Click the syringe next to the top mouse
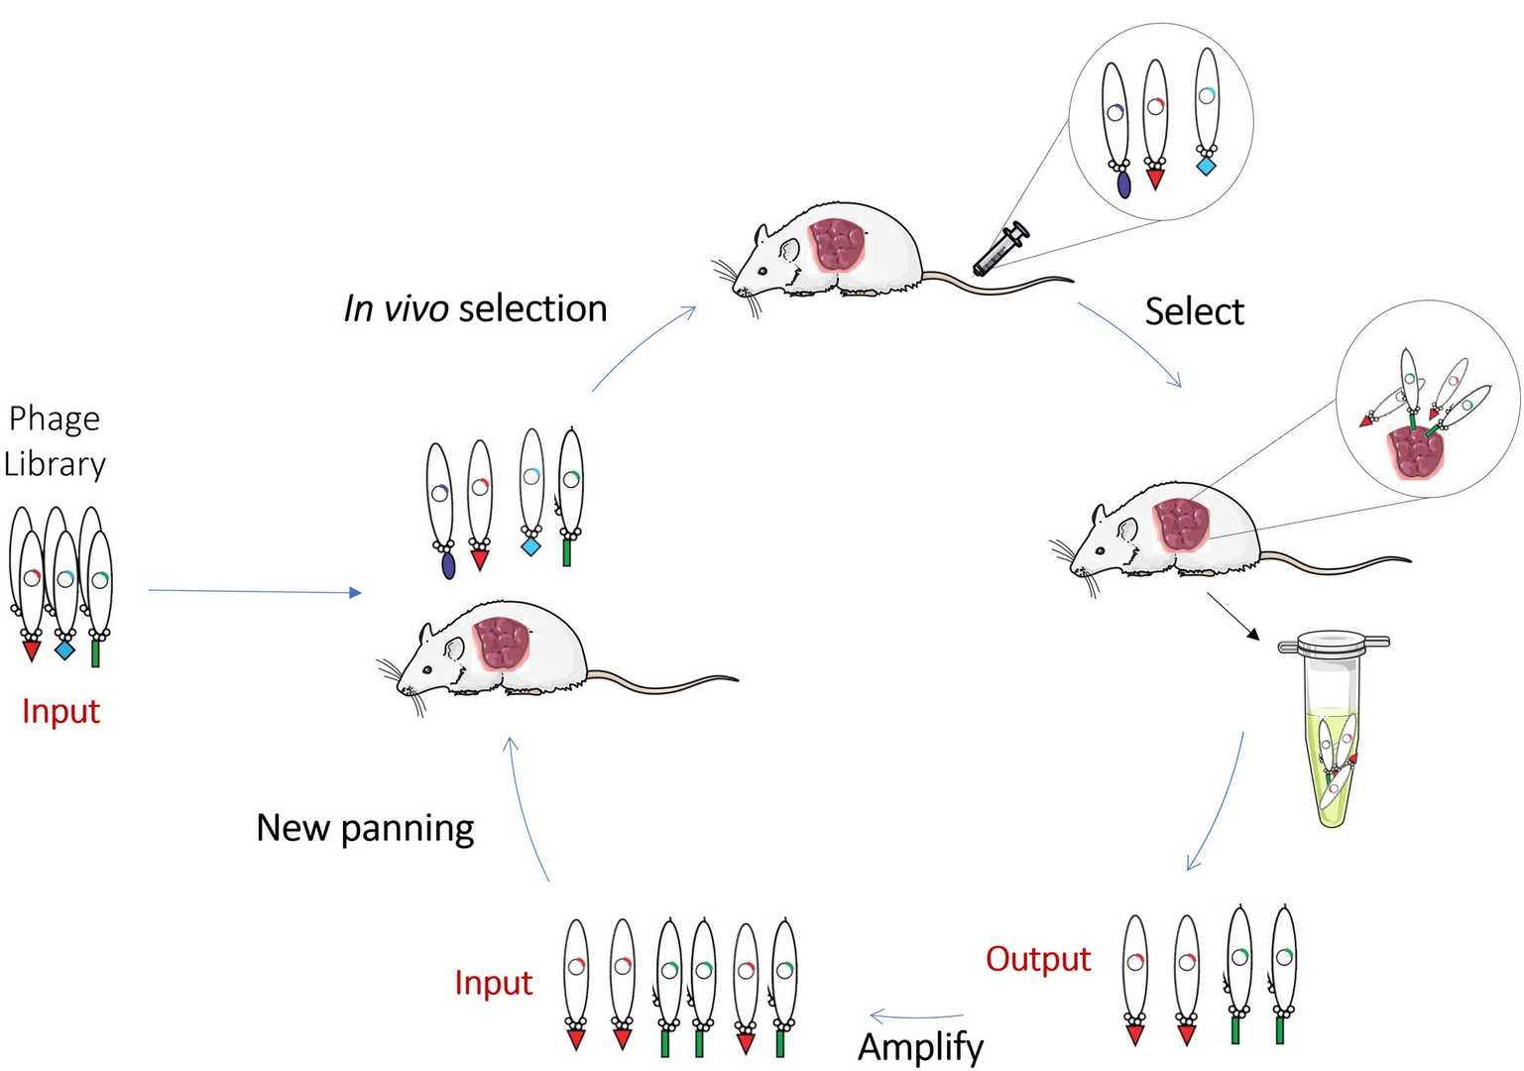pos(999,250)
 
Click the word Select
pos(1193,311)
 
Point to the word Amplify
pos(920,1046)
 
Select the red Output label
pos(1037,959)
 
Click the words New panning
pos(365,828)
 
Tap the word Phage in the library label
pos(55,418)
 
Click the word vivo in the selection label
pos(415,309)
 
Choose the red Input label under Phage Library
pos(60,711)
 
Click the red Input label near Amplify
pos(493,983)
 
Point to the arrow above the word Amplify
pos(916,1016)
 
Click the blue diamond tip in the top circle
pos(1206,166)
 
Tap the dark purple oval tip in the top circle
pos(1123,184)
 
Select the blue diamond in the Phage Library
pos(64,650)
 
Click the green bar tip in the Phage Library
pos(96,654)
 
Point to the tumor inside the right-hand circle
pos(1416,452)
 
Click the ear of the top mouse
pos(788,251)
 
